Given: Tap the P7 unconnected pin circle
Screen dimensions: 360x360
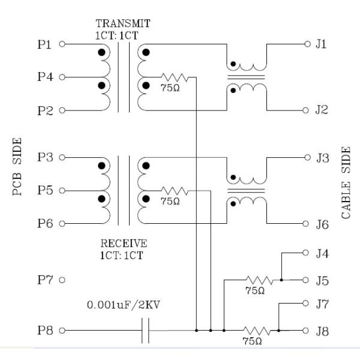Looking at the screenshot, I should coord(62,280).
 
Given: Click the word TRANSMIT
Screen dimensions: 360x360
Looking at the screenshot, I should coord(123,24).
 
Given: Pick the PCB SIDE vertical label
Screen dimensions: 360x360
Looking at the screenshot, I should coord(17,169).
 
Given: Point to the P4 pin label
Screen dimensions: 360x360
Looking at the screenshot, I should coord(44,77).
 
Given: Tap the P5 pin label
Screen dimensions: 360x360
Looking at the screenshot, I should coord(44,191).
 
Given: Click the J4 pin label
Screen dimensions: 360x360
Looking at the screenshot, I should coord(322,253).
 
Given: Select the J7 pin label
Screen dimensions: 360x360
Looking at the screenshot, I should coord(322,304).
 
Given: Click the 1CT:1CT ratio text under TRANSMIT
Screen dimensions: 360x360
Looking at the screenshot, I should coord(117,35).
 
